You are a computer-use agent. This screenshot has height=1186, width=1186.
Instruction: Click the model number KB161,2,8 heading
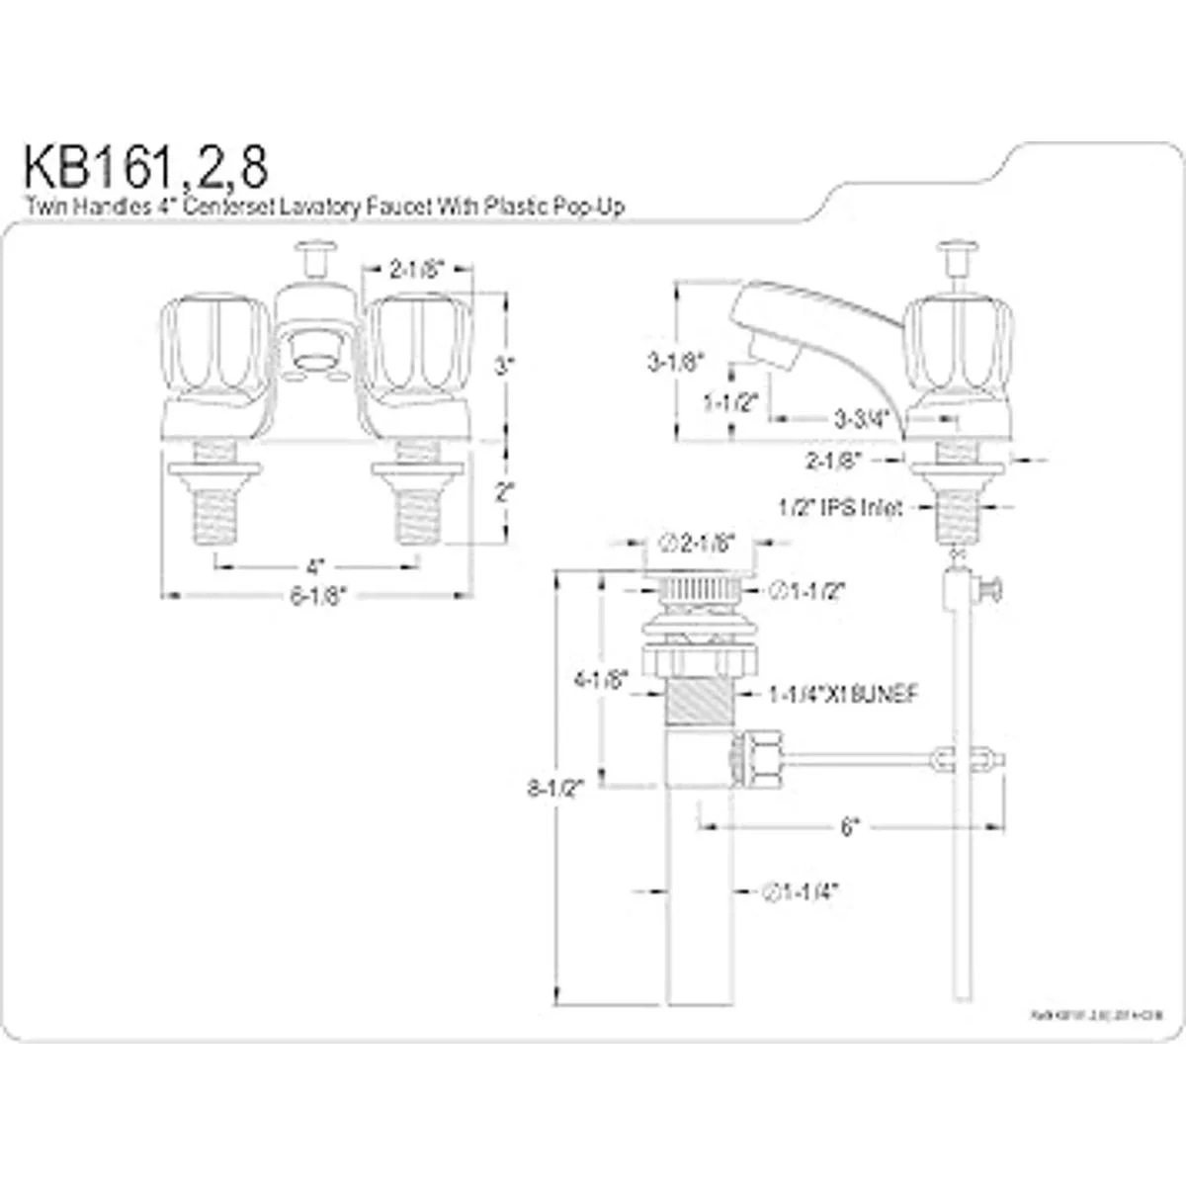click(145, 168)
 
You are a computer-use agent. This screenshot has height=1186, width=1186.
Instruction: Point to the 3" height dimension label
click(504, 366)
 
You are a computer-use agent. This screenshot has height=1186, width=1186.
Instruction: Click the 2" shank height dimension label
click(504, 492)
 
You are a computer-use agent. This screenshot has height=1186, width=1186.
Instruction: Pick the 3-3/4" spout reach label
click(856, 420)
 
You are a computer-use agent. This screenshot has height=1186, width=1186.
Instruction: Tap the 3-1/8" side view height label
click(674, 362)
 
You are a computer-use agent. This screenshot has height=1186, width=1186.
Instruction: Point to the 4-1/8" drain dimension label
click(603, 680)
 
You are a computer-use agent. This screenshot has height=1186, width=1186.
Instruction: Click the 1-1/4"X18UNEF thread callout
click(843, 695)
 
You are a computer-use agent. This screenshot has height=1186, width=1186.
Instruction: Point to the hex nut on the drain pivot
click(764, 758)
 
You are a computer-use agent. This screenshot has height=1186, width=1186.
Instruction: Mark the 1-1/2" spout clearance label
click(729, 402)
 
